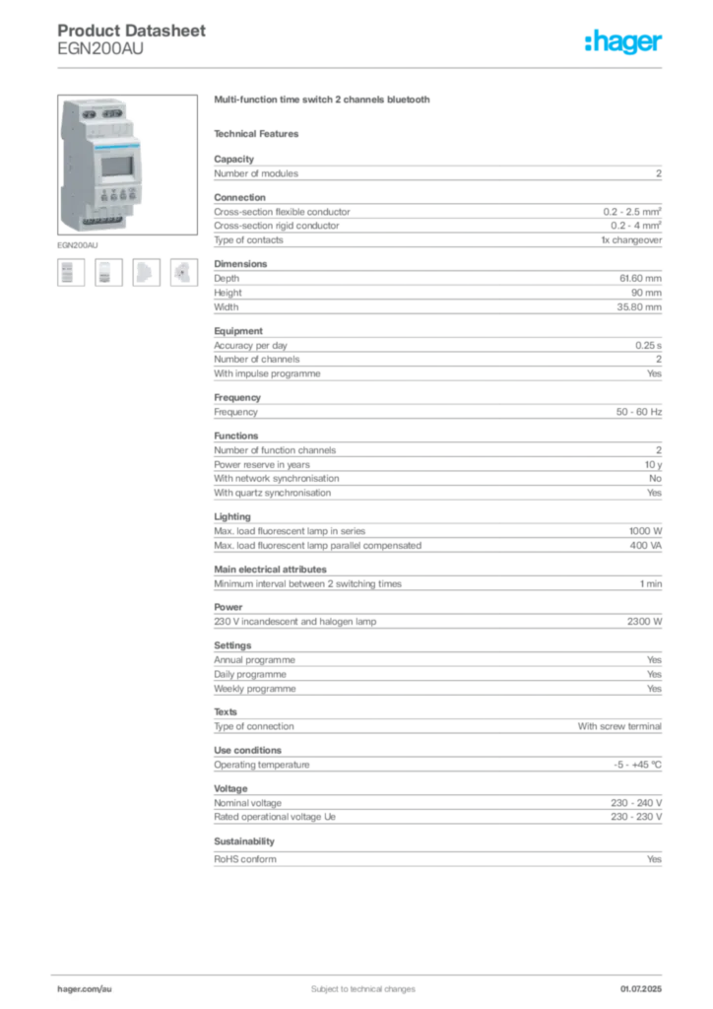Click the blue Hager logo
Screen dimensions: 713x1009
point(624,42)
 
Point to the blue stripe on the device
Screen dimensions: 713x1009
point(108,143)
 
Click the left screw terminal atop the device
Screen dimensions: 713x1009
point(86,114)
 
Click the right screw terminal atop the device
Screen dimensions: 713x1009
point(117,114)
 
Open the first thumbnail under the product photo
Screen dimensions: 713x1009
point(69,272)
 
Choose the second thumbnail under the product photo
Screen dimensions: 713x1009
point(107,272)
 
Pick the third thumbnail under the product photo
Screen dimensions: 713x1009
point(146,272)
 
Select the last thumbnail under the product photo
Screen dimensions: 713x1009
point(183,272)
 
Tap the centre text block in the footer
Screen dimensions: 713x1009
point(356,982)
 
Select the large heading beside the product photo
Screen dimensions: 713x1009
point(323,102)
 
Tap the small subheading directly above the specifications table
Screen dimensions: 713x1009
point(260,133)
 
